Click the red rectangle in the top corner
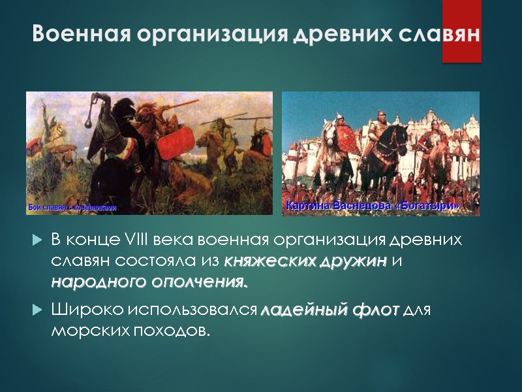tap(461, 31)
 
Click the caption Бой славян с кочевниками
tap(72, 208)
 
